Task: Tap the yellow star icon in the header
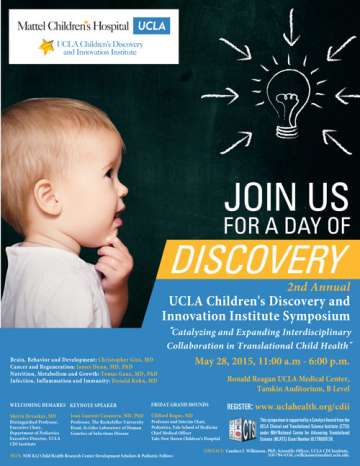coord(46,46)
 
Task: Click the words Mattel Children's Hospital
coord(71,23)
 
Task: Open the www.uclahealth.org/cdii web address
coord(304,407)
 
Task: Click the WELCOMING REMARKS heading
coord(34,405)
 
